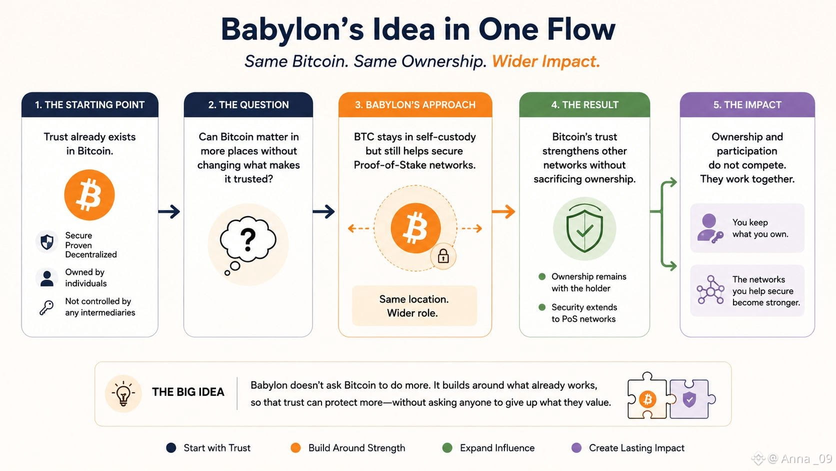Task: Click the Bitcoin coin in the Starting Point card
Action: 89,195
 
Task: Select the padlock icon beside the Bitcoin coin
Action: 443,257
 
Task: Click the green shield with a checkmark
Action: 584,228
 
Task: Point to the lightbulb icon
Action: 123,394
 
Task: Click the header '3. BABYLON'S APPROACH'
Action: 415,105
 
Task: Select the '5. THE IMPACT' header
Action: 747,105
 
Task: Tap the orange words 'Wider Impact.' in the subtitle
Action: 545,61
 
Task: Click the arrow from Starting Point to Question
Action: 169,212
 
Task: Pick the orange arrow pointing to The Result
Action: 503,212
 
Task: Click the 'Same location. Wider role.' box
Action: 414,306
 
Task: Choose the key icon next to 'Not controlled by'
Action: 46,307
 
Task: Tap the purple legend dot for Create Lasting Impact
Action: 576,448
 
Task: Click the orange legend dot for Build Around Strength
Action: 295,448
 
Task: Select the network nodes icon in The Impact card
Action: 710,290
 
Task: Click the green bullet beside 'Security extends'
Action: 542,307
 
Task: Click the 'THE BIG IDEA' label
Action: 188,392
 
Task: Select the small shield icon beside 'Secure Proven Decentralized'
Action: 46,242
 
